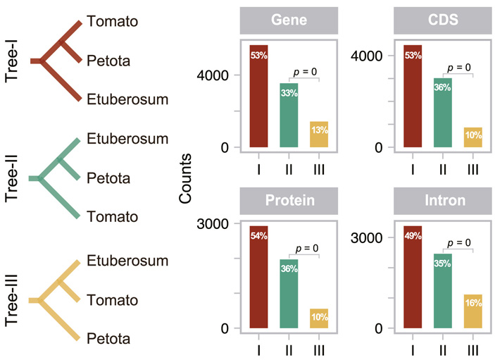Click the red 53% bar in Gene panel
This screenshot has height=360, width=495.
point(258,97)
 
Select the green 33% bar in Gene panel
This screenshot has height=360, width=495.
point(289,116)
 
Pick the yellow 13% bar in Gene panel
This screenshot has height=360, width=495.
point(319,135)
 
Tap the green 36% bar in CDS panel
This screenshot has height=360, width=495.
point(442,113)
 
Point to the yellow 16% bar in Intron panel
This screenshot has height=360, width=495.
point(472,311)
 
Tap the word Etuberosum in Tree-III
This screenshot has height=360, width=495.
point(128,261)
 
